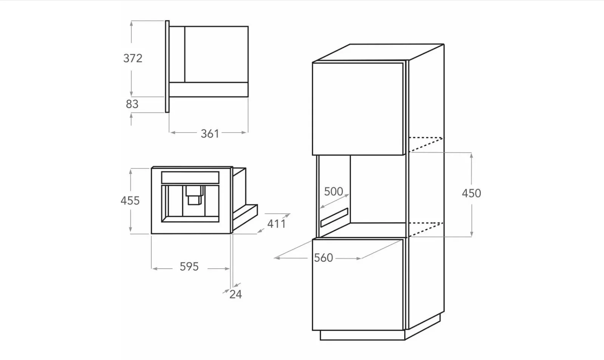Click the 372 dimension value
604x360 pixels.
pos(133,58)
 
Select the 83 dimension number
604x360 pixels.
pos(132,104)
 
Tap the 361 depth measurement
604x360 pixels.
pos(210,134)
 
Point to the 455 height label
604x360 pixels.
pos(130,201)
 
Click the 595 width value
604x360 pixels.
pos(189,267)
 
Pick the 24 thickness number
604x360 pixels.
pos(236,295)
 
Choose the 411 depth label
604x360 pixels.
pos(277,224)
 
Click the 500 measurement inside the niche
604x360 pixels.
pos(334,192)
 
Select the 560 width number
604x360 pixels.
pos(324,258)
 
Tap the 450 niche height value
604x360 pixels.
pos(471,193)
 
